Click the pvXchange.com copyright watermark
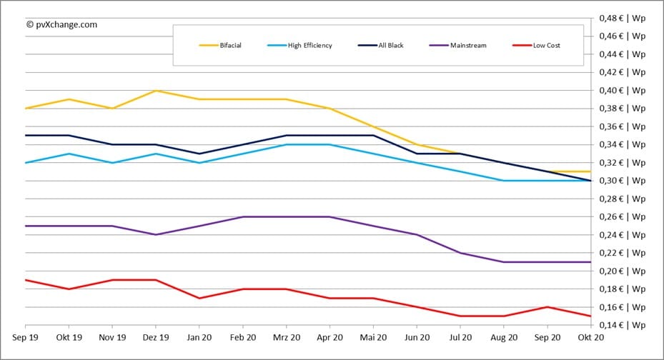click(61, 24)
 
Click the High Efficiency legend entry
click(309, 46)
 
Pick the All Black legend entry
click(390, 46)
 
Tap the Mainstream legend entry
click(468, 46)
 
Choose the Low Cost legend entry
click(547, 46)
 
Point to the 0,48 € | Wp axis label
click(623, 17)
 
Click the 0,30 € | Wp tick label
click(623, 181)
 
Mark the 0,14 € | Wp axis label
click(623, 326)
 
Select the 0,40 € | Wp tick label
click(623, 90)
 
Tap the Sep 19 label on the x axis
click(26, 337)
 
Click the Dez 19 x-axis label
click(156, 337)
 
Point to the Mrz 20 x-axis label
click(286, 337)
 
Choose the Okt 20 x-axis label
click(590, 337)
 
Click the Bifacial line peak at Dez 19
click(156, 91)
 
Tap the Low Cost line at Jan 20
click(199, 298)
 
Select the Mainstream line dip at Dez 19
click(156, 234)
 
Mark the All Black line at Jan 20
click(199, 154)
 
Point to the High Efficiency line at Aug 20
click(503, 181)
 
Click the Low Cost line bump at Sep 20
click(547, 307)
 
